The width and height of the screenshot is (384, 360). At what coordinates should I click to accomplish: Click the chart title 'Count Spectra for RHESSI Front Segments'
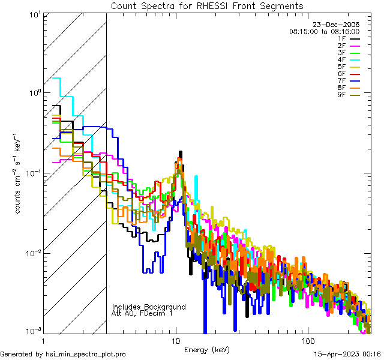[207, 6]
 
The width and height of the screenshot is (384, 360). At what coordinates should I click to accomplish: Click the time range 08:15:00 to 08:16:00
[324, 31]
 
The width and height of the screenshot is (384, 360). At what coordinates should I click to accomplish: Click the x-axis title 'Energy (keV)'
[207, 350]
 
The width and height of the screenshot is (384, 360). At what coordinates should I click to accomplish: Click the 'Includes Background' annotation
[148, 307]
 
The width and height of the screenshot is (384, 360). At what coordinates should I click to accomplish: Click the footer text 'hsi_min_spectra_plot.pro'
[86, 355]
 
